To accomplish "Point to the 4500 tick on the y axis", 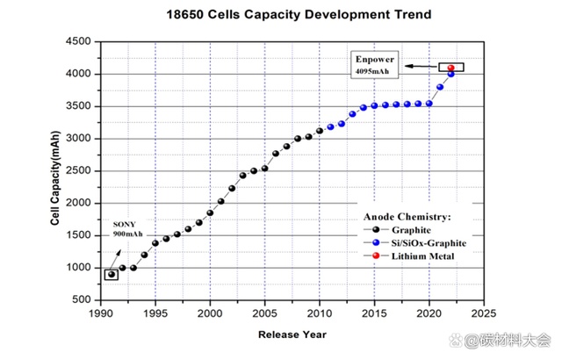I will click(x=80, y=41).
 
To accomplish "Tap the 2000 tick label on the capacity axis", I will click(x=80, y=203).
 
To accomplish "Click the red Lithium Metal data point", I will click(x=451, y=68).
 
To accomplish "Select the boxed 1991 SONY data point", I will click(x=112, y=275).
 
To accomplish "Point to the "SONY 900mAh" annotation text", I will click(x=128, y=229).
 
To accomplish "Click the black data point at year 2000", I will click(x=210, y=212).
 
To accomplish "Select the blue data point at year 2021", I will click(x=440, y=87).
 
